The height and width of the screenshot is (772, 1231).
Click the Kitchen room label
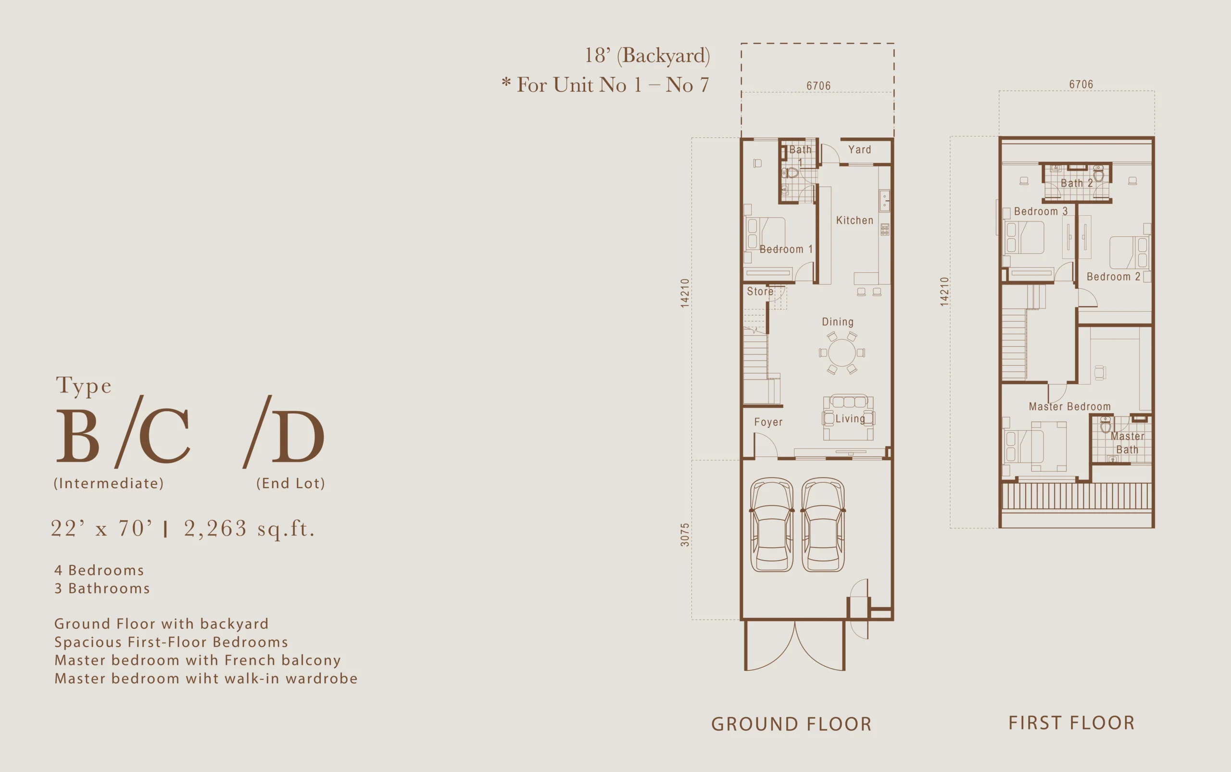pyautogui.click(x=854, y=220)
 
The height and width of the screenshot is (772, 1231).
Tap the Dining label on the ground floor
pyautogui.click(x=838, y=322)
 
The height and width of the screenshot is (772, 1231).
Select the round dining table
pyautogui.click(x=842, y=352)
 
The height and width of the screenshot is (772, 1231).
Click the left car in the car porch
pyautogui.click(x=772, y=525)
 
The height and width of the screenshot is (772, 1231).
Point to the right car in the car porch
pyautogui.click(x=823, y=525)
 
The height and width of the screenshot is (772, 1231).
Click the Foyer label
pyautogui.click(x=768, y=422)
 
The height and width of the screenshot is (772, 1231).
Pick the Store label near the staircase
pyautogui.click(x=760, y=291)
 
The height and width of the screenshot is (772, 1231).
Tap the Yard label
pyautogui.click(x=859, y=149)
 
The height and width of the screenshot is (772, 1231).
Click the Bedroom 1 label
pyautogui.click(x=786, y=249)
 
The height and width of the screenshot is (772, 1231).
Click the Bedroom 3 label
pyautogui.click(x=1041, y=211)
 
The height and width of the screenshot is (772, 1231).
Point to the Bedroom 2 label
pyautogui.click(x=1114, y=276)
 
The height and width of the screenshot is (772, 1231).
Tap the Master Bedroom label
pyautogui.click(x=1069, y=406)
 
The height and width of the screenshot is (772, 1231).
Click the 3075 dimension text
pyautogui.click(x=685, y=535)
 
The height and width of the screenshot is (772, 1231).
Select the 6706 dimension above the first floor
pyautogui.click(x=1081, y=84)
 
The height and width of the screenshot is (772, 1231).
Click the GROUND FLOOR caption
pyautogui.click(x=791, y=724)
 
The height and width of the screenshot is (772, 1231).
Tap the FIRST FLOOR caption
pyautogui.click(x=1071, y=723)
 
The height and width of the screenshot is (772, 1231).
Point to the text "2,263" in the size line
pyautogui.click(x=215, y=528)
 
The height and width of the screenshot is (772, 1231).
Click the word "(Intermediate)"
pyautogui.click(x=109, y=483)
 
